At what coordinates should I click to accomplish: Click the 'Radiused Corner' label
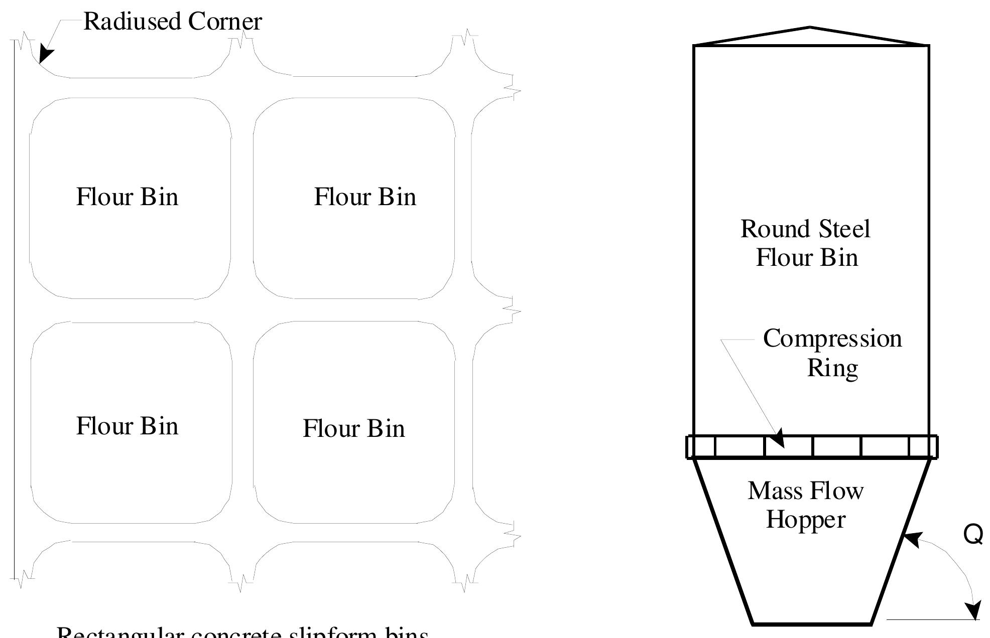click(172, 22)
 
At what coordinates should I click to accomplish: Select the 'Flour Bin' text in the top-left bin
click(127, 197)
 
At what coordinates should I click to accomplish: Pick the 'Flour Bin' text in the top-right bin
click(365, 197)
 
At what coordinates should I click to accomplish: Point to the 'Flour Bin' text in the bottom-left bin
click(127, 426)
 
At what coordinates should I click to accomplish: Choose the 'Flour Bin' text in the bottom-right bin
click(353, 428)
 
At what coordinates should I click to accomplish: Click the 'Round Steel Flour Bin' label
click(806, 243)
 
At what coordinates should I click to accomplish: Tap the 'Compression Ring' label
click(832, 353)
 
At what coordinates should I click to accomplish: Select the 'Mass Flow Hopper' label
click(806, 505)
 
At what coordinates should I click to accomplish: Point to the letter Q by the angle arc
click(973, 534)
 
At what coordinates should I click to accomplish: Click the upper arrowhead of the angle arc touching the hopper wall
click(911, 540)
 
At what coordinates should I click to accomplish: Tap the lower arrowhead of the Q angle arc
click(974, 611)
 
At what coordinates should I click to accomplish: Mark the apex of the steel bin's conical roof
click(810, 28)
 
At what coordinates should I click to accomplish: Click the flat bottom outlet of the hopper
click(811, 624)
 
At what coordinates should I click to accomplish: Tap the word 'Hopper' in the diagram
click(806, 520)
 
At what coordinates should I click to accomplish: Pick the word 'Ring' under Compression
click(832, 368)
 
